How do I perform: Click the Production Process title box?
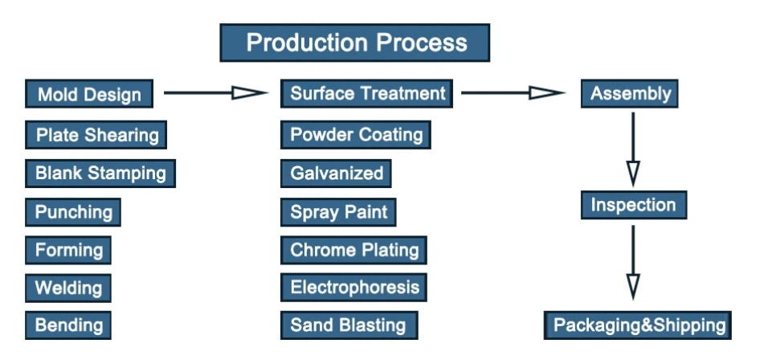(354, 43)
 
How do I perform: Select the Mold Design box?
(89, 93)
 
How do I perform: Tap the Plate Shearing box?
(96, 134)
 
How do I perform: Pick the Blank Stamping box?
(100, 174)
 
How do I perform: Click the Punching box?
(73, 212)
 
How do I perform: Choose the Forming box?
(68, 250)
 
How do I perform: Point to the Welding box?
(68, 288)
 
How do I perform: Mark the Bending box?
(68, 325)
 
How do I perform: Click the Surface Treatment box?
(367, 93)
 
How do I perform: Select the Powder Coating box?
(356, 134)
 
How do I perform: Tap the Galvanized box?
(336, 174)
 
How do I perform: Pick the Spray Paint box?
(338, 212)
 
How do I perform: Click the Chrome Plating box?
(353, 250)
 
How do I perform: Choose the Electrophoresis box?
(353, 288)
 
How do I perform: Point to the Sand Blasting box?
(349, 325)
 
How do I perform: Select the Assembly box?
(630, 93)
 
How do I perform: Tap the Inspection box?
(634, 205)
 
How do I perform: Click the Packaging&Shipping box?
(638, 325)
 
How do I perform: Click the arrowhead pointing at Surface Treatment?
(249, 92)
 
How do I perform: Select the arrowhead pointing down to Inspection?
(633, 174)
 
